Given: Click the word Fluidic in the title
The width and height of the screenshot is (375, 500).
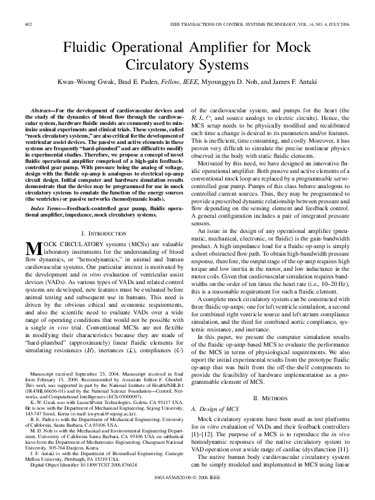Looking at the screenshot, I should [x=86, y=49].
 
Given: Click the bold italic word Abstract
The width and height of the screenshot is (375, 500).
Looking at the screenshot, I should [x=44, y=110].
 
